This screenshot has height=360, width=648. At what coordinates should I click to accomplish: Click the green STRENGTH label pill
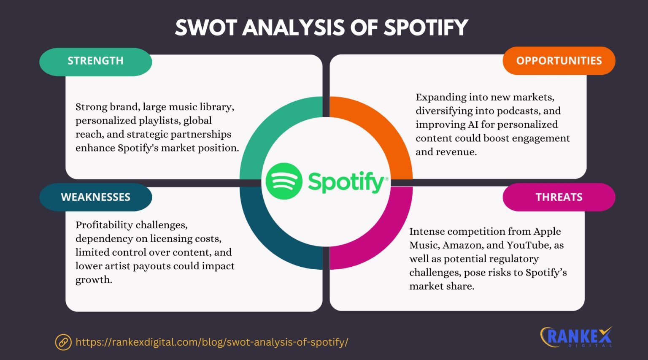[95, 62]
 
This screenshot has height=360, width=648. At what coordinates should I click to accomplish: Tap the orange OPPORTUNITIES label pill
[559, 61]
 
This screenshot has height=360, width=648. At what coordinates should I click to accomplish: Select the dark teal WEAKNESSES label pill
[95, 197]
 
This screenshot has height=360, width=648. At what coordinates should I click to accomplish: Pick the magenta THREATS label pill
[559, 197]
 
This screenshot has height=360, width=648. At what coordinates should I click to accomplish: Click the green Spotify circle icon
[284, 181]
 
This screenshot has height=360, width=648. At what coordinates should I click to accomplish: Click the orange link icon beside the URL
[63, 342]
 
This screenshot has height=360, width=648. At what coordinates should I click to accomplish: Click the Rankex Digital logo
[576, 337]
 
